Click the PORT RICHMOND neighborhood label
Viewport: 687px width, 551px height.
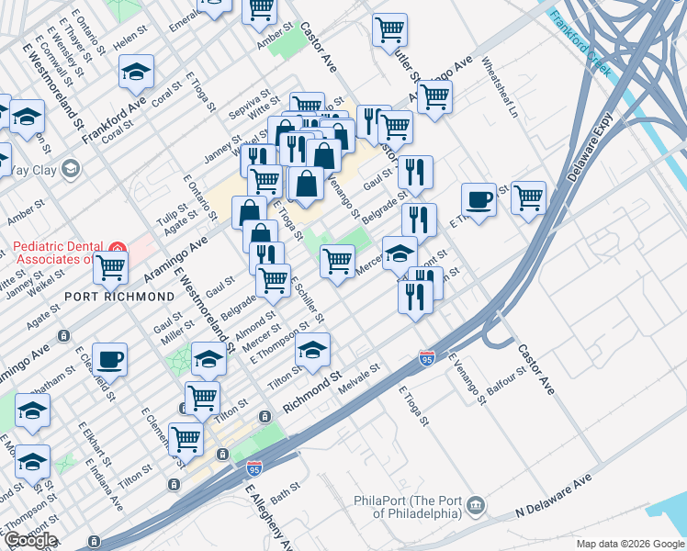[118, 297]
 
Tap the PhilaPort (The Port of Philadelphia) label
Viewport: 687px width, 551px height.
[406, 507]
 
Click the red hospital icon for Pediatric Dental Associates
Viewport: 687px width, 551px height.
[117, 248]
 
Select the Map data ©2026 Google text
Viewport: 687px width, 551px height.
[630, 544]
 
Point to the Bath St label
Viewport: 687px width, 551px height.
[286, 488]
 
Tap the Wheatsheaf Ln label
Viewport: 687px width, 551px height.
[507, 90]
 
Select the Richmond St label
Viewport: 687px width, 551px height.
[311, 389]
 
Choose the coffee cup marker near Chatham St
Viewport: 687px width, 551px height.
[109, 359]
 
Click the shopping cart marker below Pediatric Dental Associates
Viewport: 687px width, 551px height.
[110, 268]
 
